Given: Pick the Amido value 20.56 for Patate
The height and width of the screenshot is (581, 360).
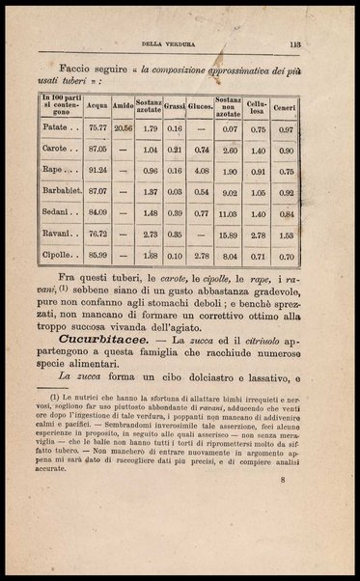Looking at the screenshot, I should (124, 127).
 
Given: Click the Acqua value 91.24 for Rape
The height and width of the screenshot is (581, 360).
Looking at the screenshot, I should (97, 172).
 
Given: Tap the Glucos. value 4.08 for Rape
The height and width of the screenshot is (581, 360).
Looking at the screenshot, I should (201, 172).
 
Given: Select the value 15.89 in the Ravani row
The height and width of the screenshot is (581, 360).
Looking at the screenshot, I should (229, 234).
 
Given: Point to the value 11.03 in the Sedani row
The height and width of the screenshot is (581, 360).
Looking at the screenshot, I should (229, 213).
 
